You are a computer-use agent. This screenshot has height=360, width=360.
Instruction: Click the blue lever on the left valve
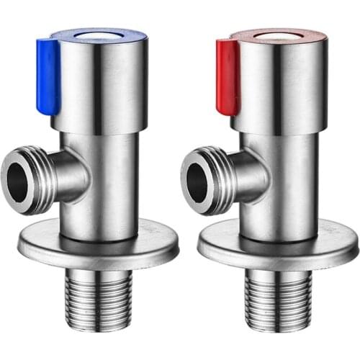tap(48, 76)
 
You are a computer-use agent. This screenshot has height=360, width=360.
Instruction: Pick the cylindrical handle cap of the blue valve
tap(108, 86)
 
